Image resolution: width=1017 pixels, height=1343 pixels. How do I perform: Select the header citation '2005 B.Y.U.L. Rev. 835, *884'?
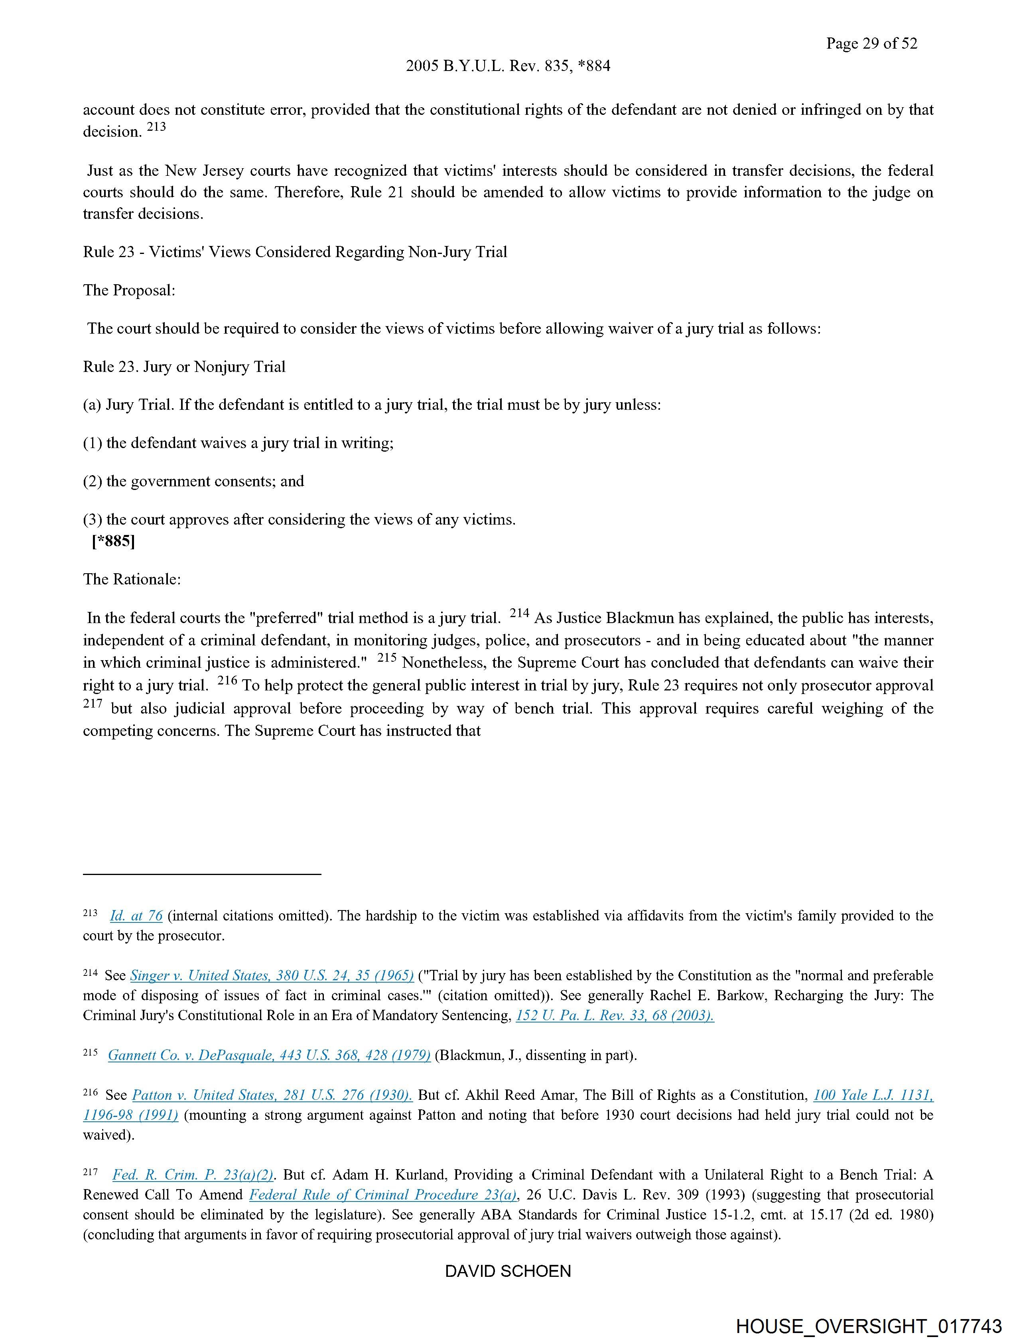click(x=508, y=66)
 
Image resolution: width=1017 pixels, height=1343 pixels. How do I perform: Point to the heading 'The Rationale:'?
click(x=132, y=579)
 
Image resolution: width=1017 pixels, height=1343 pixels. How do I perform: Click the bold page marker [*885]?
click(x=113, y=541)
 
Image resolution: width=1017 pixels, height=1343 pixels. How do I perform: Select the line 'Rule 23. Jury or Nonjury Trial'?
click(x=184, y=367)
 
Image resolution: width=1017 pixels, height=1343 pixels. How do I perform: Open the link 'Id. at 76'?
click(x=136, y=916)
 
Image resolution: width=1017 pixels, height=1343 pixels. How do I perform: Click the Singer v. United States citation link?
click(x=272, y=976)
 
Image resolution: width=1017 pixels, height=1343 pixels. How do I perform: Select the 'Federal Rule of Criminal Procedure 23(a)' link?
click(x=383, y=1195)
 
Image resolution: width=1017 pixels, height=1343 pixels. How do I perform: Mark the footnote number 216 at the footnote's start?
click(x=90, y=1093)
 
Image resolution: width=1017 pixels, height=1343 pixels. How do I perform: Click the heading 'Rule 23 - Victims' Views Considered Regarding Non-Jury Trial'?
click(x=295, y=252)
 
